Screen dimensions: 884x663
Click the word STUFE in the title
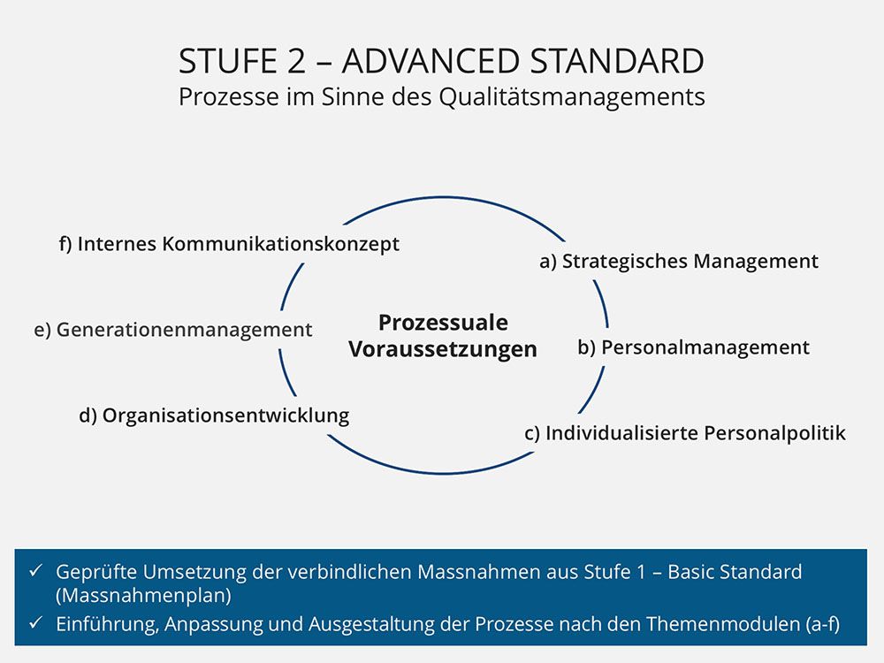point(228,61)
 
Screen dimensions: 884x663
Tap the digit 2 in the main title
point(296,61)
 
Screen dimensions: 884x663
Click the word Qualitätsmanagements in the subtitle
point(572,97)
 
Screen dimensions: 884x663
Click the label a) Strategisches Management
point(679,262)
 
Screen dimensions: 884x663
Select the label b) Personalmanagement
point(693,347)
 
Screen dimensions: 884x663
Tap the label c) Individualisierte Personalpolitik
point(685,433)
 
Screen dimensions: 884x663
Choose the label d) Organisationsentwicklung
point(214,415)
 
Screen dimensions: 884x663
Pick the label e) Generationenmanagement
point(173,330)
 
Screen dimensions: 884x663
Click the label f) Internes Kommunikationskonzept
point(230,244)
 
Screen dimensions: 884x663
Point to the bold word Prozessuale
point(443,323)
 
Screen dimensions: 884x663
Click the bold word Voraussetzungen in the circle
point(443,349)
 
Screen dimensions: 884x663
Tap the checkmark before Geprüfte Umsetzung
point(36,570)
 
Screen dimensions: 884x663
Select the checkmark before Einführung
point(36,623)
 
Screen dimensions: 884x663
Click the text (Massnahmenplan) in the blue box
point(144,595)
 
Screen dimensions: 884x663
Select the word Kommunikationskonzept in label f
point(281,245)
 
